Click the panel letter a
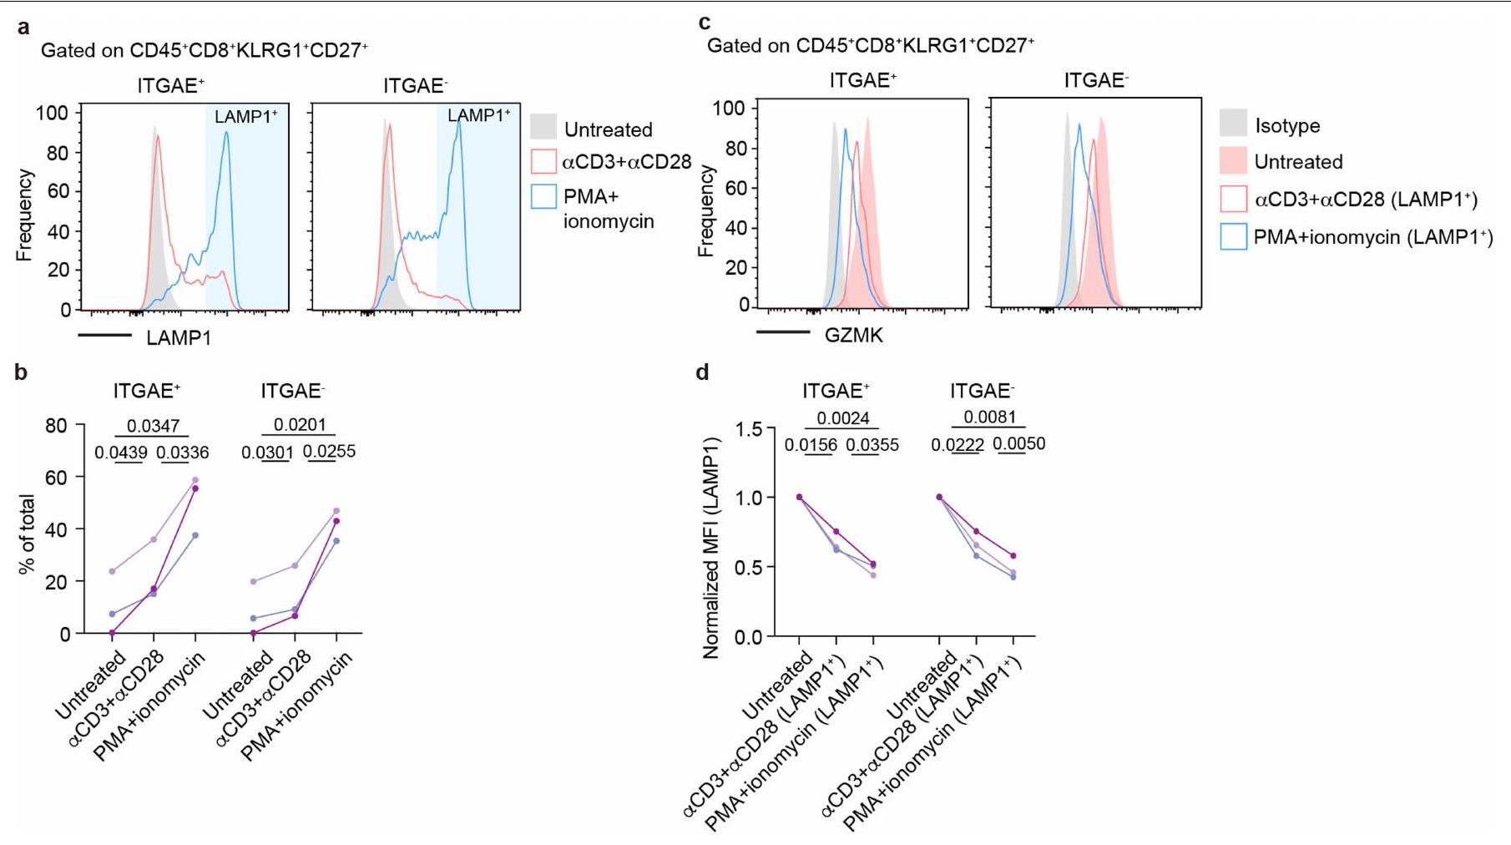coord(23,28)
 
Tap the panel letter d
coord(703,372)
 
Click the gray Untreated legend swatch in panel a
coord(543,127)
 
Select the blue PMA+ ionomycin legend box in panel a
coord(543,196)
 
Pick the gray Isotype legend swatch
coord(1233,123)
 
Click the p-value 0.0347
coord(153,427)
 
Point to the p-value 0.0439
coord(121,453)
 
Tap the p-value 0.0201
coord(300,425)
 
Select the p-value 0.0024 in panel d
coord(842,418)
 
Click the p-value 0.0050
coord(1018,444)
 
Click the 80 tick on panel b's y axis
coord(56,425)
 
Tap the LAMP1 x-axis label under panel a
coord(179,338)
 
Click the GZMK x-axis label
coord(853,336)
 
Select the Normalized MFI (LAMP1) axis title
coord(711,548)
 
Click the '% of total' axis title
coord(27,534)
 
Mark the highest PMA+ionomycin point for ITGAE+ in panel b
coord(195,480)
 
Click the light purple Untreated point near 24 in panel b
coord(112,571)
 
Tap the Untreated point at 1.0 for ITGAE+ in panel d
coord(799,497)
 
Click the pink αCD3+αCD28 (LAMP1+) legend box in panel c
coord(1233,199)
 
